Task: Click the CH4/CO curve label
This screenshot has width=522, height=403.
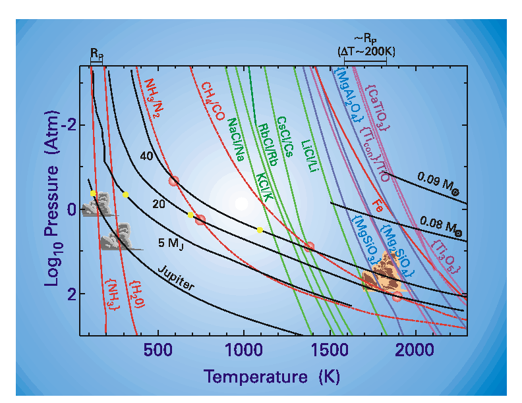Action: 214,103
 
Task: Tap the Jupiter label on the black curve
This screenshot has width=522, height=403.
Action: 176,279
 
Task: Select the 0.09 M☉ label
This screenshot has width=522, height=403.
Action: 439,182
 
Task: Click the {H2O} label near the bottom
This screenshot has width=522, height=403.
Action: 136,294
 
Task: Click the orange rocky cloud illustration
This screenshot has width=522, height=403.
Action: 384,275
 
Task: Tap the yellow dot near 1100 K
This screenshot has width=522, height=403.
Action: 260,230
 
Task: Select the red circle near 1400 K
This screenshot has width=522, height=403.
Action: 308,247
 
